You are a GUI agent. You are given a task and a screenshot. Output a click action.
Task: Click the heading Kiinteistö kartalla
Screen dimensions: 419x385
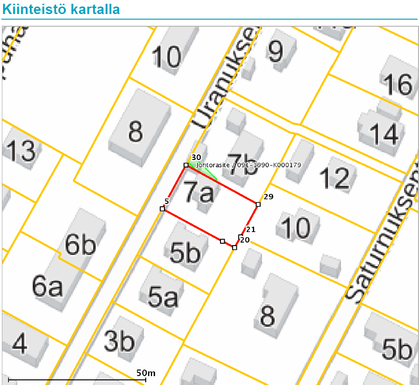coord(61,9)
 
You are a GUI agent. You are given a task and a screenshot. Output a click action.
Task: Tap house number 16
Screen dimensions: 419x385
coord(398,85)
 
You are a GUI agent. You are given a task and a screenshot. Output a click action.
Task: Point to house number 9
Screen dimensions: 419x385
coord(275,52)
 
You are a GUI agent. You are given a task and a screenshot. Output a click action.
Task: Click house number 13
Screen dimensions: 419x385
coord(21,151)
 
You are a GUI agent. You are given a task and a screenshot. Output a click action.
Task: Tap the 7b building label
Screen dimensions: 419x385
coord(242,163)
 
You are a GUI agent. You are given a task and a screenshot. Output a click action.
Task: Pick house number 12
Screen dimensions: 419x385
coord(334,178)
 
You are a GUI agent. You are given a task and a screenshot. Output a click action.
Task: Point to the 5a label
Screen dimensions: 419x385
coord(163,297)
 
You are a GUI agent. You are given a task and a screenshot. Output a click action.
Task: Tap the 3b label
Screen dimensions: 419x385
coord(120,341)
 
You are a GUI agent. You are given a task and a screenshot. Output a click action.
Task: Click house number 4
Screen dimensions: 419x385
coord(19,344)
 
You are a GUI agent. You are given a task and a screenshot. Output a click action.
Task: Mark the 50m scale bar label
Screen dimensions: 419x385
coord(146,373)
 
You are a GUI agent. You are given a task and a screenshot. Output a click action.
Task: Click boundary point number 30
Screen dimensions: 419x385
coord(186,165)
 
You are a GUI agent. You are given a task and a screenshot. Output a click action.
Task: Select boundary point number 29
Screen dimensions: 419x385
coord(258,204)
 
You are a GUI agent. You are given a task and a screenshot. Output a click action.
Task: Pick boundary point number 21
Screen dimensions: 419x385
coord(241,237)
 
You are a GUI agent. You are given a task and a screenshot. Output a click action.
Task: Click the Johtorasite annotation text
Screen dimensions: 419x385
coord(249,165)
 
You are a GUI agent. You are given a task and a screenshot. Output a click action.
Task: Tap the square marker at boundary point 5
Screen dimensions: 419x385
coord(162,209)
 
